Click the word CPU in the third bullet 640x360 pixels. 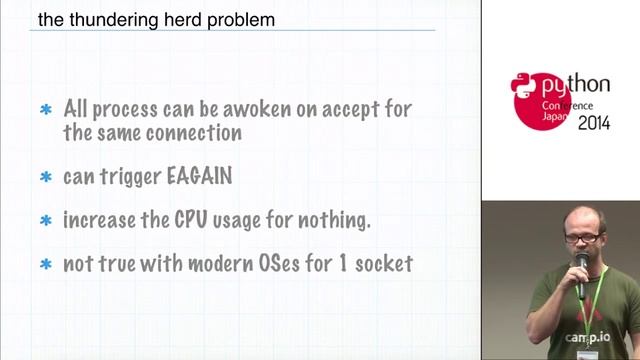(x=197, y=220)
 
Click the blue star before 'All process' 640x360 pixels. (x=45, y=110)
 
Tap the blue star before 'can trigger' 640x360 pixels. (x=45, y=178)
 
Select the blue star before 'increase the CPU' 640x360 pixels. (x=45, y=221)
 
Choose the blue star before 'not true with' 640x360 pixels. (x=45, y=265)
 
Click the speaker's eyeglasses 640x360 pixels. (x=584, y=237)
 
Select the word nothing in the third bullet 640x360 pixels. (x=330, y=221)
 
